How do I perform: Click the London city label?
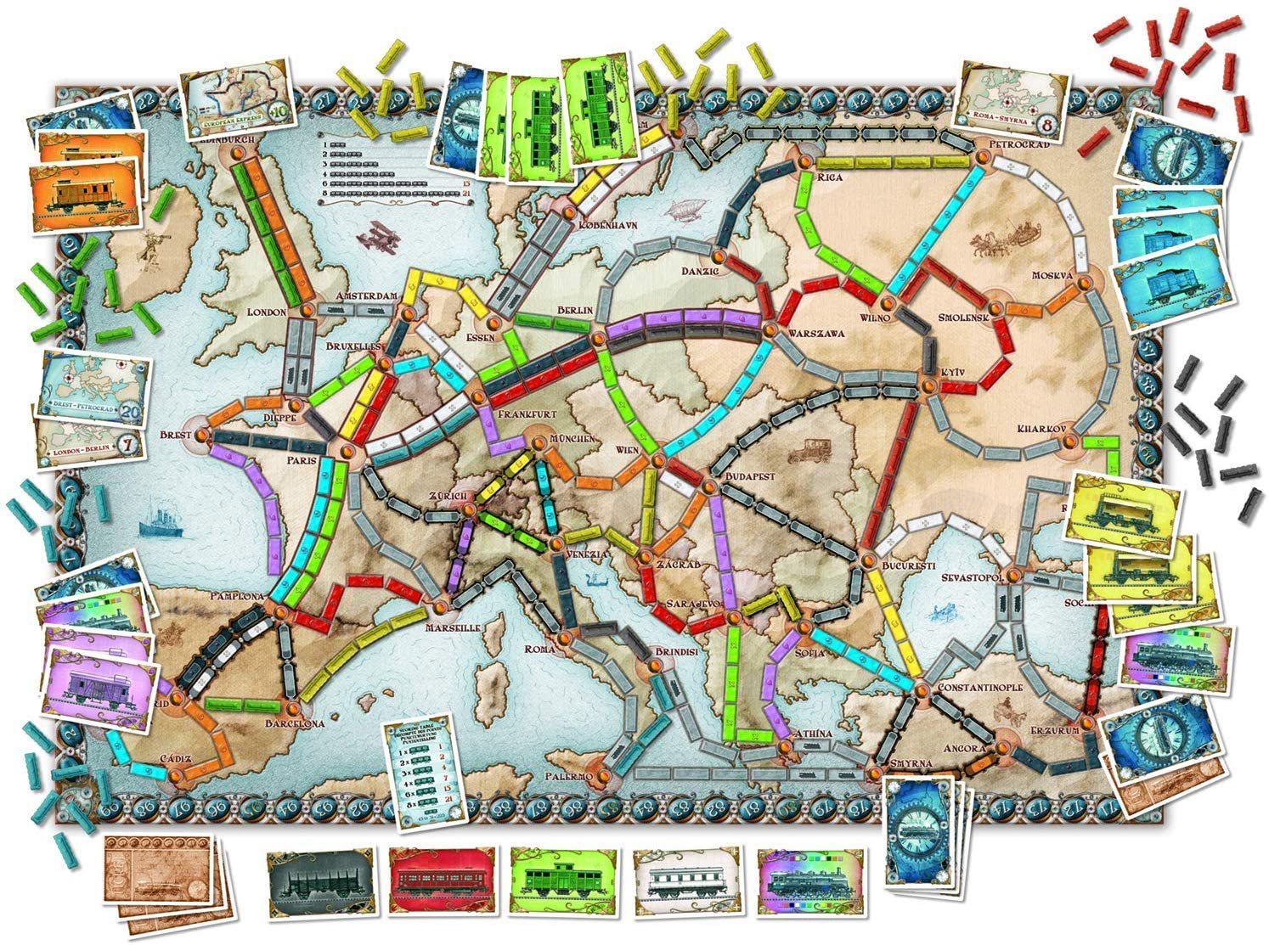266,312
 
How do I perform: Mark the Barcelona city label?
296,724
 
